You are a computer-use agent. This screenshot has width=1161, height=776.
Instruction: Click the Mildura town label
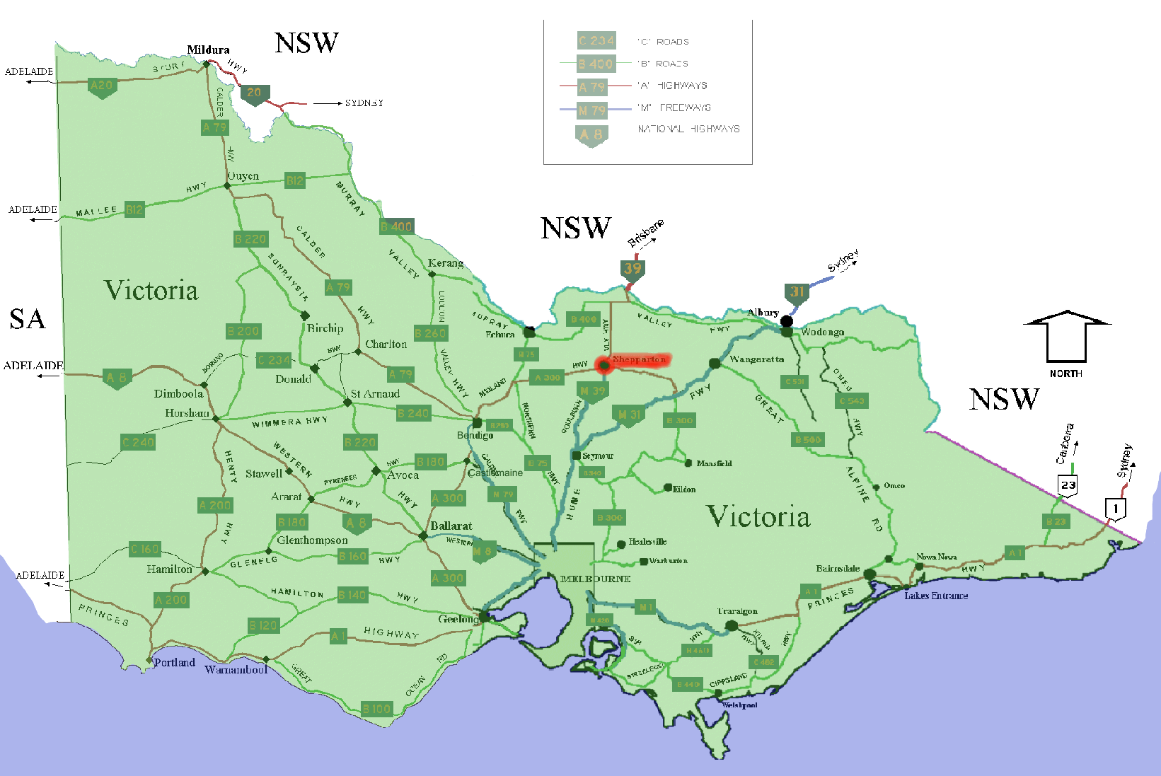pos(208,50)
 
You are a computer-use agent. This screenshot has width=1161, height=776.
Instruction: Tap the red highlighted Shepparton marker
pos(603,365)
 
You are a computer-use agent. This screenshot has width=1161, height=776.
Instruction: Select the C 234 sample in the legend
pos(596,41)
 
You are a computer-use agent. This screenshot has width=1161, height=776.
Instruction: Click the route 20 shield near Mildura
pos(254,93)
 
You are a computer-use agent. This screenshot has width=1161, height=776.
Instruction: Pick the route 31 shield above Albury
pos(797,292)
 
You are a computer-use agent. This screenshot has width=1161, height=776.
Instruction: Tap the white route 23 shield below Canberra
pos(1068,485)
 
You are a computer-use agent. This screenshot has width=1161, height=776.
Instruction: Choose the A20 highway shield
pos(102,86)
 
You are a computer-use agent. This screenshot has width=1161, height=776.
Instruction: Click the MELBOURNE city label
pos(595,579)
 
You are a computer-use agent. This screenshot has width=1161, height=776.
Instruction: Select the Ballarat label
pos(451,526)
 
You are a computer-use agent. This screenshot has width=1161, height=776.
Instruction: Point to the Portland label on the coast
pos(175,662)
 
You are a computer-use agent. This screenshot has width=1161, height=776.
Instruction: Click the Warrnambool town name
pos(236,669)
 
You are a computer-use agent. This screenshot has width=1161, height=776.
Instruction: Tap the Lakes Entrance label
pos(935,596)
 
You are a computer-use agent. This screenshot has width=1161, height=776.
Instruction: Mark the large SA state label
pos(28,320)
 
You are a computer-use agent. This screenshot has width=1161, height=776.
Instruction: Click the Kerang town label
pos(446,263)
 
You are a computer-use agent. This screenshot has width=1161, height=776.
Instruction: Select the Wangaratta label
pos(756,359)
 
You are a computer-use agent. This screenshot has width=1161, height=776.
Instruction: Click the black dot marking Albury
pos(786,322)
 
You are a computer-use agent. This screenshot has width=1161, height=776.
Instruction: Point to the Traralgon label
pos(737,611)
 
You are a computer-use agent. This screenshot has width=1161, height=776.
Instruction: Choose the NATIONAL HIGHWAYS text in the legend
pos(688,129)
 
